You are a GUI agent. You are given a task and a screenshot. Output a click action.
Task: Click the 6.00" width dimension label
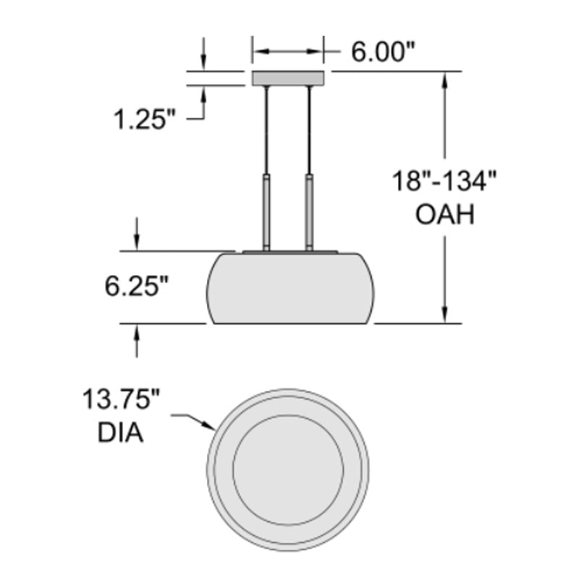point(383,51)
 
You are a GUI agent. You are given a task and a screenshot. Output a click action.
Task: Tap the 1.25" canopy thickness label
point(144,119)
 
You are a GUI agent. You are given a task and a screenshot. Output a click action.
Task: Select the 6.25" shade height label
point(137,287)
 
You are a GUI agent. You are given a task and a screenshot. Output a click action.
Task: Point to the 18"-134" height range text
point(444,181)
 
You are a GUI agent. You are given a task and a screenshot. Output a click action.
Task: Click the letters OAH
point(444,214)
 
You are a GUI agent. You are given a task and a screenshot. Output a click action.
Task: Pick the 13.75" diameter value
point(121,399)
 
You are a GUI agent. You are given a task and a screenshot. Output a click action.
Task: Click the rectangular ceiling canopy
point(288,78)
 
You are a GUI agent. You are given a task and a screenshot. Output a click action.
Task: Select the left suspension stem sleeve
point(266,212)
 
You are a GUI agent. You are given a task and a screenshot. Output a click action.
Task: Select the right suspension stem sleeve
point(310,212)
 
